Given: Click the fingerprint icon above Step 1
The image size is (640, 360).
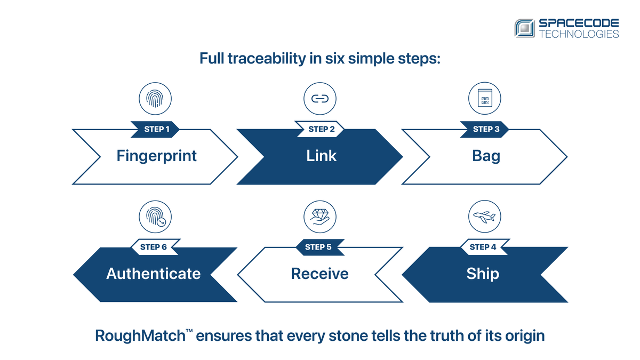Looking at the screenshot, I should point(155,99).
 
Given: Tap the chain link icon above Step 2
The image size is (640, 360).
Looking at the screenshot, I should point(319,99).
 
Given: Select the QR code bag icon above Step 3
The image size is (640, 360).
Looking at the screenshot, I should point(484,99).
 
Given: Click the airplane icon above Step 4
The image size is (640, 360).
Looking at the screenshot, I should point(484,217).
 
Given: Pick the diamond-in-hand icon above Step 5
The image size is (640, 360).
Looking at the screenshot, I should point(319,217).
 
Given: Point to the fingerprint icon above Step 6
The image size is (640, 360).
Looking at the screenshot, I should point(155,217).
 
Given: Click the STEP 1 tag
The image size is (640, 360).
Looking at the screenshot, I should point(155,129).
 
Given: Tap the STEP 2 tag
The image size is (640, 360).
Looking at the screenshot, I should point(319,129).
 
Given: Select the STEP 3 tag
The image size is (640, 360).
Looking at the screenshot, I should point(484,129).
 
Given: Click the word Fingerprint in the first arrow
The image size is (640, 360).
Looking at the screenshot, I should point(157,156).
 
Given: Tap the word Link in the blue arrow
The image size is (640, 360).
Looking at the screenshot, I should point(322,156).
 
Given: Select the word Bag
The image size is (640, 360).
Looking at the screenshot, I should point(486,156).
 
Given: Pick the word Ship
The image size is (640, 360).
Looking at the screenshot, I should point(483,274).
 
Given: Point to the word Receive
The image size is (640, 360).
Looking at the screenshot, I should point(319,274).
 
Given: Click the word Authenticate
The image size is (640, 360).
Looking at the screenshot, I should point(154,274).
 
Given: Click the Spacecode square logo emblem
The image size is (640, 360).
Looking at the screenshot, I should point(525,28).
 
